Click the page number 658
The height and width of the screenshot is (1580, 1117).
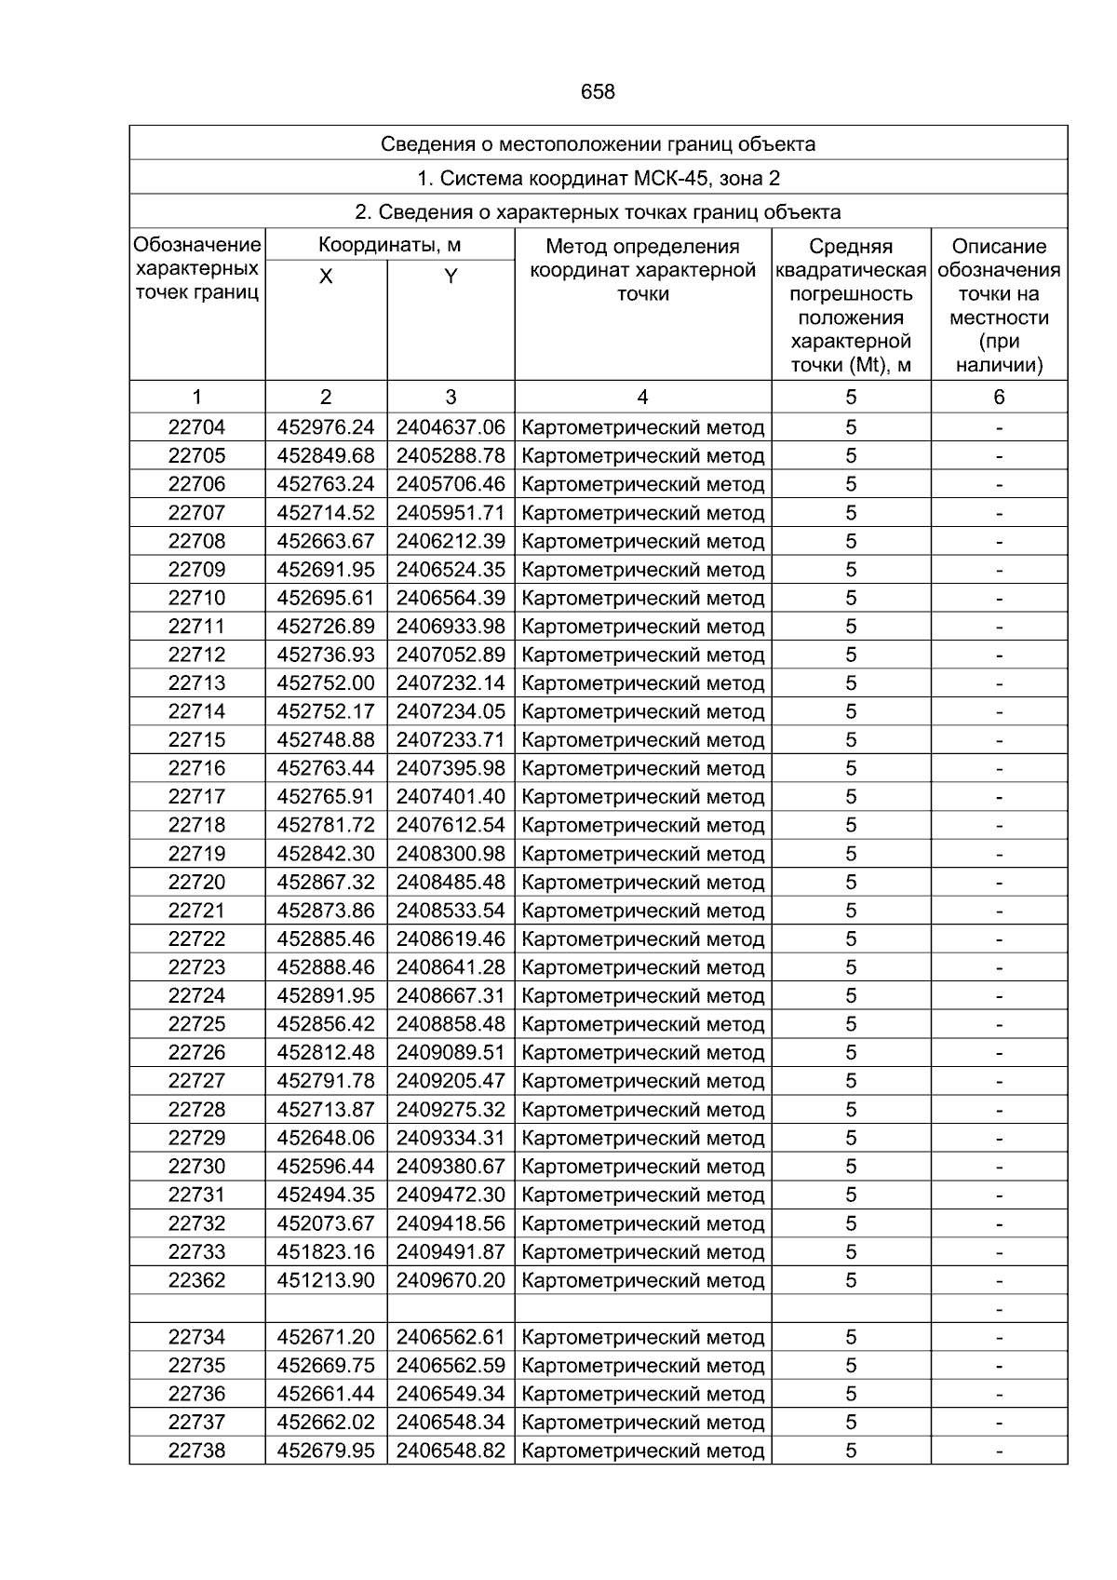(598, 91)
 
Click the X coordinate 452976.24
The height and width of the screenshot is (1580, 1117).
(326, 427)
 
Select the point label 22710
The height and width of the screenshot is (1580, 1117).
(196, 598)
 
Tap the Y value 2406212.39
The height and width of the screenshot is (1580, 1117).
(451, 541)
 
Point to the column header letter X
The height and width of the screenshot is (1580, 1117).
(326, 277)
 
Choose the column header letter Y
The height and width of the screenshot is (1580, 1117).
(451, 277)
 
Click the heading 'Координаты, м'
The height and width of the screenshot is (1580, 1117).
(389, 246)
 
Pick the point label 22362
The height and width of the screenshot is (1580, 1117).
(196, 1280)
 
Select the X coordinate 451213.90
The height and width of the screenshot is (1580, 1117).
(326, 1280)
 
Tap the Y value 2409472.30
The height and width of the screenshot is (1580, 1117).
(451, 1195)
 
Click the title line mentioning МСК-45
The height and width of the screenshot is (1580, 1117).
(598, 178)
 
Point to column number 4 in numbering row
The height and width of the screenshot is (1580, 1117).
(642, 398)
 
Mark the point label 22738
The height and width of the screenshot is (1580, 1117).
(196, 1451)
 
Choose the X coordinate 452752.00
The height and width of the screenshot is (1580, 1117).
(326, 683)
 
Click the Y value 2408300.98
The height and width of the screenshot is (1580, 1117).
(451, 854)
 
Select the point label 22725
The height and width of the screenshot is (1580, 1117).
(196, 1024)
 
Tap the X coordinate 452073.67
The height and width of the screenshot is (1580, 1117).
(326, 1223)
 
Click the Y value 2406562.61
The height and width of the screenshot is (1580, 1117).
(451, 1337)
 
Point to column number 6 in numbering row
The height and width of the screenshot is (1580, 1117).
(999, 398)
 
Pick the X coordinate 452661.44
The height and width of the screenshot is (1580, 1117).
(326, 1394)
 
